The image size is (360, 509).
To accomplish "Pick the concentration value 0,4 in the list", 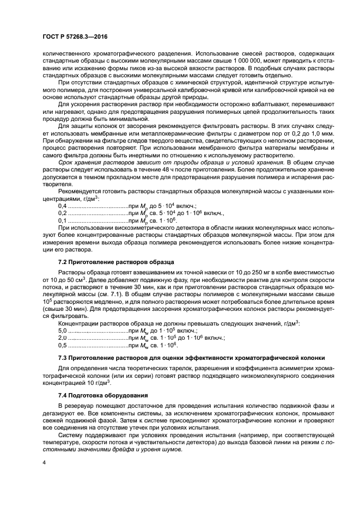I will point(62,207).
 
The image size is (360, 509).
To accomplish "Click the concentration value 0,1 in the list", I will point(62,220).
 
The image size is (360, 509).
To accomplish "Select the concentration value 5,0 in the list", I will point(62,331).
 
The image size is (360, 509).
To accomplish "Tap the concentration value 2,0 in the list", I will point(62,338).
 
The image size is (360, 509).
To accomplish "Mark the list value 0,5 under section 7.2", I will point(62,345).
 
